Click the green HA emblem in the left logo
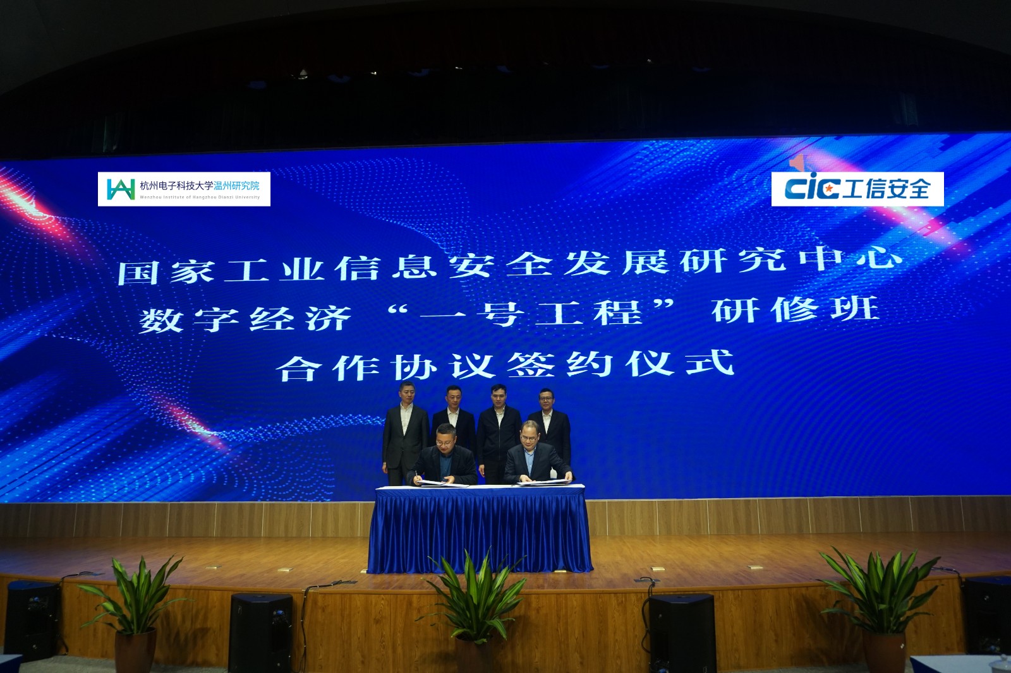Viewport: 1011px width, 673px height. pyautogui.click(x=120, y=188)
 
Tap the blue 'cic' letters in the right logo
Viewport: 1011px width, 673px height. pyautogui.click(x=811, y=188)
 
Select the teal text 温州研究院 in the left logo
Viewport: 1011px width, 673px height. pyautogui.click(x=236, y=186)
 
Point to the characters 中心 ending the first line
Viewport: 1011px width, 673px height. pyautogui.click(x=850, y=258)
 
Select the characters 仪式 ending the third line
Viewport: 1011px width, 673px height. pyautogui.click(x=679, y=364)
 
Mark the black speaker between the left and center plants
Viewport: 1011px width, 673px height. pyautogui.click(x=260, y=631)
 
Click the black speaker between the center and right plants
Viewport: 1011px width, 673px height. pyautogui.click(x=682, y=631)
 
